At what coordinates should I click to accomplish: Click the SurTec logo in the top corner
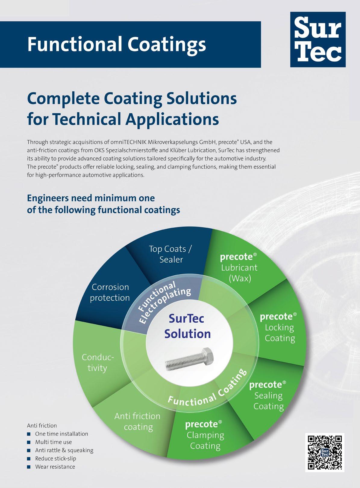coord(318,39)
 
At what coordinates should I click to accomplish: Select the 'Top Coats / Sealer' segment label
coord(171,254)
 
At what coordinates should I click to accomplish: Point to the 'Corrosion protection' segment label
coord(110,292)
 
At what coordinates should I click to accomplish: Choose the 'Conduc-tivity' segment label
coord(98,362)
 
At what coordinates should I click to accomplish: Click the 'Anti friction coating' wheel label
coord(138,421)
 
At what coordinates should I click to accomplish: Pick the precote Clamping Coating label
coord(204,435)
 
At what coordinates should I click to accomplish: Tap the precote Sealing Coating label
coord(268,395)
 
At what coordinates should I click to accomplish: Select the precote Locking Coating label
coord(279,327)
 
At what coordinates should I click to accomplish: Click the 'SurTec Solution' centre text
coord(187,326)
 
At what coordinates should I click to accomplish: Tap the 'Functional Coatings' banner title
coord(117,44)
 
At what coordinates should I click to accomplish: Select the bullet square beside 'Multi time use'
coord(29,442)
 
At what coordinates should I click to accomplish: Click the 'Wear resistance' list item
coord(55,467)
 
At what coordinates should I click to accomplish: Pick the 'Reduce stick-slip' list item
coord(56,458)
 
